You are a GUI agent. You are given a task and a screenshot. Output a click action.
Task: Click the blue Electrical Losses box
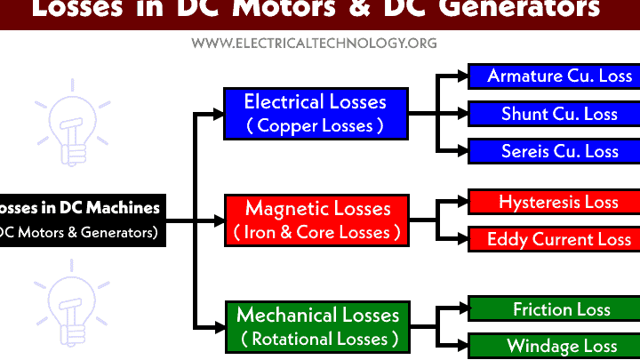coord(316,113)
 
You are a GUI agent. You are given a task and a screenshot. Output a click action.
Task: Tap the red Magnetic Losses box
coord(316,220)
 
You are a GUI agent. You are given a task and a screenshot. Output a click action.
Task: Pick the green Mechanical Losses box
coord(316,326)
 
